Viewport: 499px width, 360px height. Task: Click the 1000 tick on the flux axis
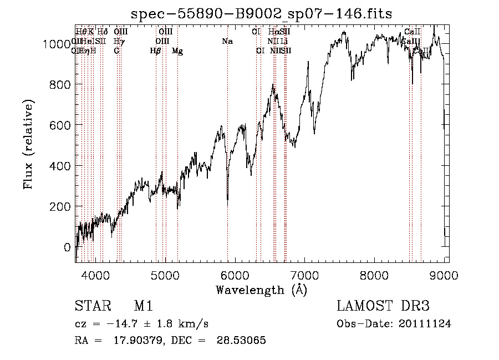click(x=59, y=44)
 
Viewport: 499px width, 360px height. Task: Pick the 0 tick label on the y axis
click(x=67, y=247)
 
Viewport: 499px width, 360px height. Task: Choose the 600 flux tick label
click(x=62, y=125)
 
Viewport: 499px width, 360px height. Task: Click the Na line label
click(x=227, y=41)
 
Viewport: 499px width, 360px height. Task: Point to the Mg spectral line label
click(x=177, y=51)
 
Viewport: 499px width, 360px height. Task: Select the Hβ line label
click(x=156, y=51)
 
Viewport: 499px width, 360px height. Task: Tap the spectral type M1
click(x=143, y=306)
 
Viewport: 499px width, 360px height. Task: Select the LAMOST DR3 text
click(x=383, y=306)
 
